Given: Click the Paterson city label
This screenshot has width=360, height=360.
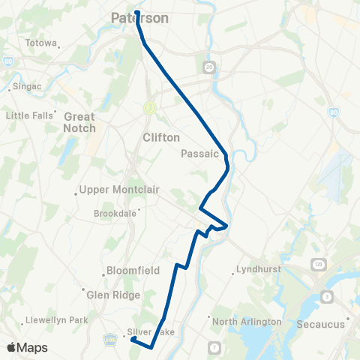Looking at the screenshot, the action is (139, 18).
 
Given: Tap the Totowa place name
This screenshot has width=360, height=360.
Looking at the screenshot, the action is (40, 43).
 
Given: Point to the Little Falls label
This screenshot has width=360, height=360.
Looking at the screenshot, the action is (31, 115).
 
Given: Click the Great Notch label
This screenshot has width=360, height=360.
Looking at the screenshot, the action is (79, 122).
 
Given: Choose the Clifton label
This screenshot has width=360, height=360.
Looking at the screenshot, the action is (161, 138).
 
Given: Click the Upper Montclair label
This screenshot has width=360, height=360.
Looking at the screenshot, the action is (120, 189).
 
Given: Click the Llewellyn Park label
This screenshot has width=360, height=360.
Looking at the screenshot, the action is (55, 320).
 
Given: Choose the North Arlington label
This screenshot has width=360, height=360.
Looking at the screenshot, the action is (247, 322).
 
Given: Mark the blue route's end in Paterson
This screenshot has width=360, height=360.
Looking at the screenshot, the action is (137, 13).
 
